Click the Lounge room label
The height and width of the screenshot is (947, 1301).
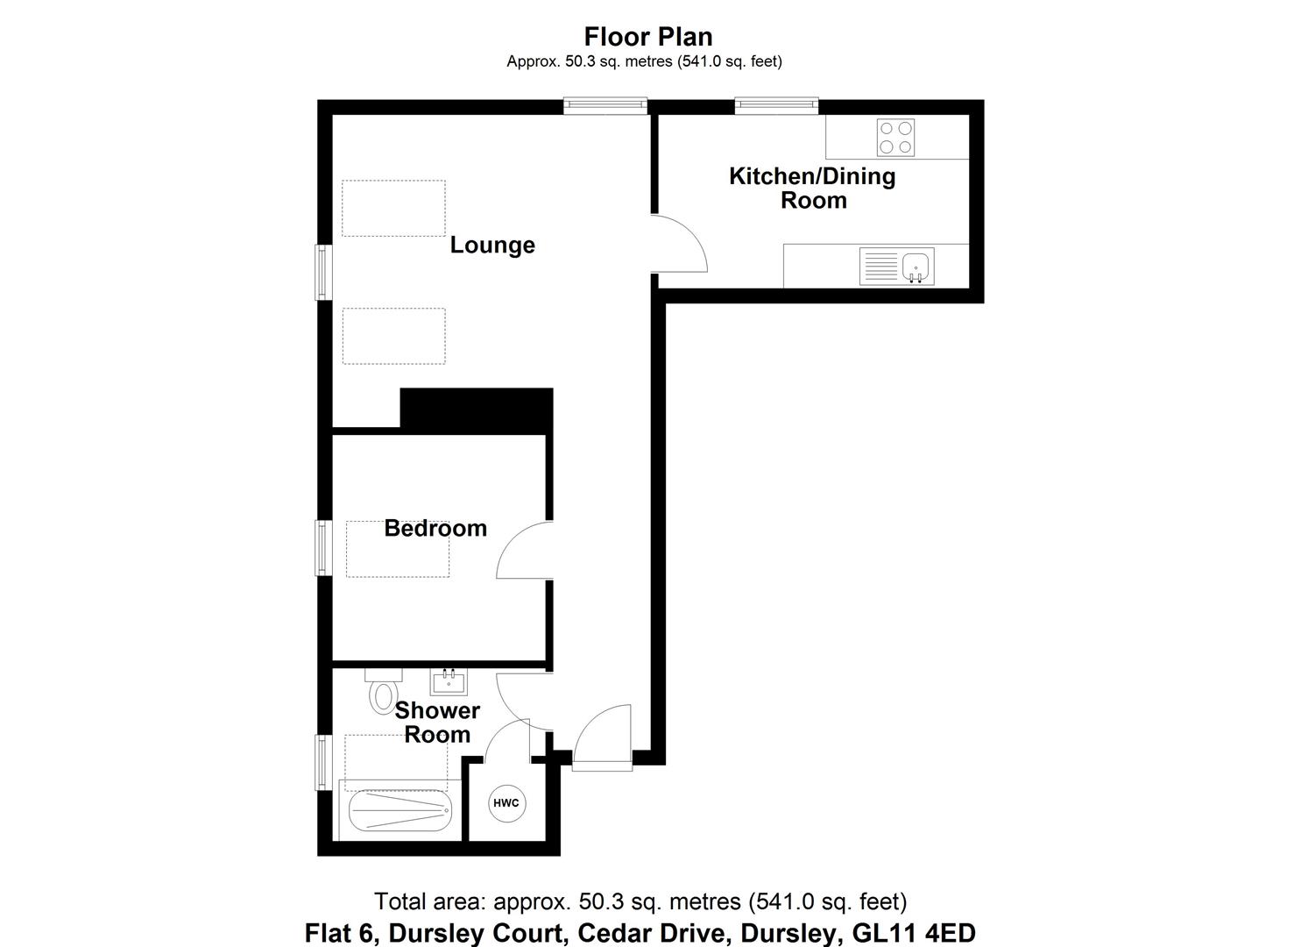[x=492, y=246]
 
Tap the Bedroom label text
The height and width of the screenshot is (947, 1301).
[x=435, y=529]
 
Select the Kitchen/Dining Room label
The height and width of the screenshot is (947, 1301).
[x=812, y=188]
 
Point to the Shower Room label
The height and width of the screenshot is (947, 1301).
[x=437, y=723]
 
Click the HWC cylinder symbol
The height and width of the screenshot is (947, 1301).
[x=506, y=803]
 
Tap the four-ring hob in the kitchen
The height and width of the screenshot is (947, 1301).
[x=895, y=138]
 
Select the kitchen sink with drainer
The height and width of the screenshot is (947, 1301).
[x=897, y=266]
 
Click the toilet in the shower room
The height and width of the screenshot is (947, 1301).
[x=383, y=692]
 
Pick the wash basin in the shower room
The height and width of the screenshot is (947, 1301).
[x=449, y=680]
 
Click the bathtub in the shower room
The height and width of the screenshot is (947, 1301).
[x=399, y=812]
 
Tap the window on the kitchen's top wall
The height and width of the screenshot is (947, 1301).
[x=777, y=106]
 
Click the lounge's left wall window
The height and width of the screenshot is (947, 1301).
[x=323, y=272]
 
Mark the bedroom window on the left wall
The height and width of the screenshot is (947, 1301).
[x=323, y=548]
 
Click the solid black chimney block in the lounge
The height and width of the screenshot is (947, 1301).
[x=476, y=410]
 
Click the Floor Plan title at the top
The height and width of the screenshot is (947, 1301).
[x=648, y=37]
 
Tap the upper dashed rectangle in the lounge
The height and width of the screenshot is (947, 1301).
[x=393, y=208]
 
